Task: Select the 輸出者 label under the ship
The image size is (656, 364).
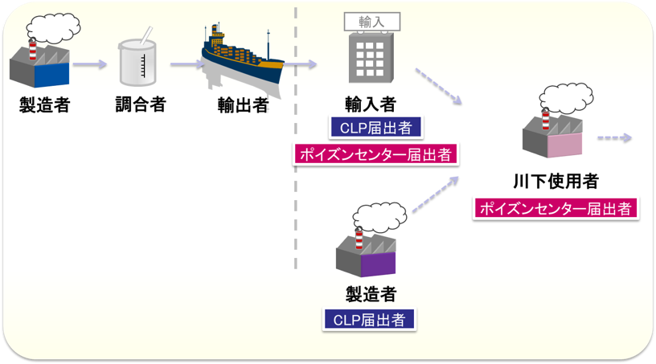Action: coord(242,105)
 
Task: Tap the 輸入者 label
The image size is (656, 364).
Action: coord(371,104)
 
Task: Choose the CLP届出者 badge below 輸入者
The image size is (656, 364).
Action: coord(371,128)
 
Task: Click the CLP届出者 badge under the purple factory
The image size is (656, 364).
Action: coord(369,319)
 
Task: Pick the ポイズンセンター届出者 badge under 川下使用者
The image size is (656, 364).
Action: coord(556,208)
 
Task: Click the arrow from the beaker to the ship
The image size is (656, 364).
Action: coord(186,64)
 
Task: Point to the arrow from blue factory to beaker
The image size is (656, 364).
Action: coord(91,64)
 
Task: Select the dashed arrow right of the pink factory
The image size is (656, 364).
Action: coord(615,138)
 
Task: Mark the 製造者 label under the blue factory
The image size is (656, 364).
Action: coord(44,104)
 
